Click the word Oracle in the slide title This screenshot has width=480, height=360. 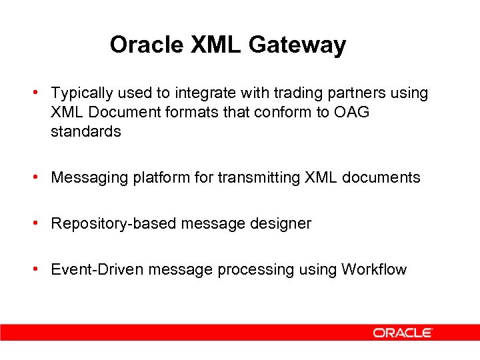(x=147, y=45)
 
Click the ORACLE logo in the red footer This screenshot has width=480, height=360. (x=403, y=332)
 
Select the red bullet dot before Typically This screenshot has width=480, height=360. (x=42, y=92)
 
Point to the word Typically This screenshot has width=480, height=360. (x=80, y=93)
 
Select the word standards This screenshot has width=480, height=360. (x=85, y=131)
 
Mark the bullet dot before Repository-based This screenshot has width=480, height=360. (x=42, y=223)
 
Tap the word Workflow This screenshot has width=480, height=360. (x=373, y=269)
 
